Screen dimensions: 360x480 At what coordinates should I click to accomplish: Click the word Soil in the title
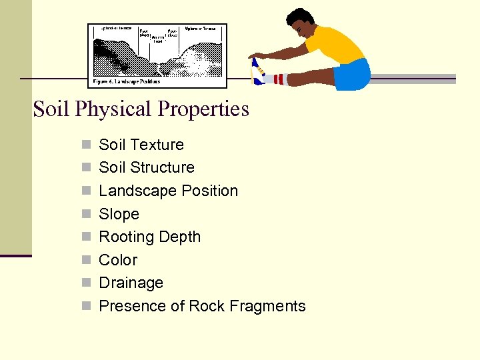[x=51, y=109]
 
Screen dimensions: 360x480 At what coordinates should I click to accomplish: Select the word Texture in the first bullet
[x=162, y=145]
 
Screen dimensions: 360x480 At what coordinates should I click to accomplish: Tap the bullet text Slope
[x=119, y=214]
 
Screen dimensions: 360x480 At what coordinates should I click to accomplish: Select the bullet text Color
[x=118, y=260]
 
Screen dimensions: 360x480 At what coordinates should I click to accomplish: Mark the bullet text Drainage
[x=131, y=283]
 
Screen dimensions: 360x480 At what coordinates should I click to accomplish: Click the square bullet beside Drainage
[x=85, y=283]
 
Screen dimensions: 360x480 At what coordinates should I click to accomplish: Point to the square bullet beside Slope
[x=85, y=214]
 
